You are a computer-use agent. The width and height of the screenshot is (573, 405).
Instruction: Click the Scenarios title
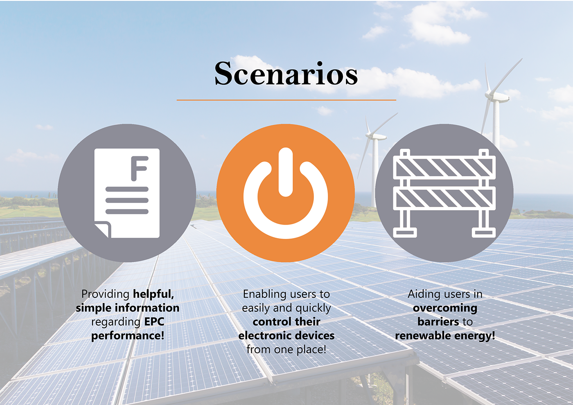click(286, 73)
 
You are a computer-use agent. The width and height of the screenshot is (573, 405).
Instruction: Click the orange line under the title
click(286, 100)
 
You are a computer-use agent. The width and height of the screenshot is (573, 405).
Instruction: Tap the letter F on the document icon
click(140, 169)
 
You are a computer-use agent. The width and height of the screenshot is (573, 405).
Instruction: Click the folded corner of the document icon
click(103, 229)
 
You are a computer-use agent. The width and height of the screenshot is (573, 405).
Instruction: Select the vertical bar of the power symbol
click(286, 172)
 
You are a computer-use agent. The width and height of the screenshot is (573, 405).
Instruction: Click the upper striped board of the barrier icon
click(444, 167)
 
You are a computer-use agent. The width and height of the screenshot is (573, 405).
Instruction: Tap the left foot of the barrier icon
click(405, 233)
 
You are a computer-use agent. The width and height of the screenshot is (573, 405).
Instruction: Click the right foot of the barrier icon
click(484, 233)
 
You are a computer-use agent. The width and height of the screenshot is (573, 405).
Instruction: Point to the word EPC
click(154, 322)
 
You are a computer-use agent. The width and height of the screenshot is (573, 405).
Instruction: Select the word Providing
click(106, 294)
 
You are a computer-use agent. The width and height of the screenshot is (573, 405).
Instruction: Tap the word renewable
click(422, 335)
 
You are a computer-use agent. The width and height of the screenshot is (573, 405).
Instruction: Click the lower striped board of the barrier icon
click(444, 198)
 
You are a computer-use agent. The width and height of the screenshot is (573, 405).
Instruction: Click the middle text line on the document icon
click(127, 200)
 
